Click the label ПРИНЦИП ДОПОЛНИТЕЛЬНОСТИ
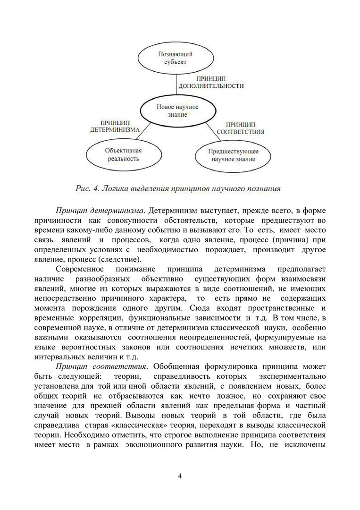click(210, 83)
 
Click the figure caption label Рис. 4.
click(86, 189)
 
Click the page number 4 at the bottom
click(180, 475)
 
